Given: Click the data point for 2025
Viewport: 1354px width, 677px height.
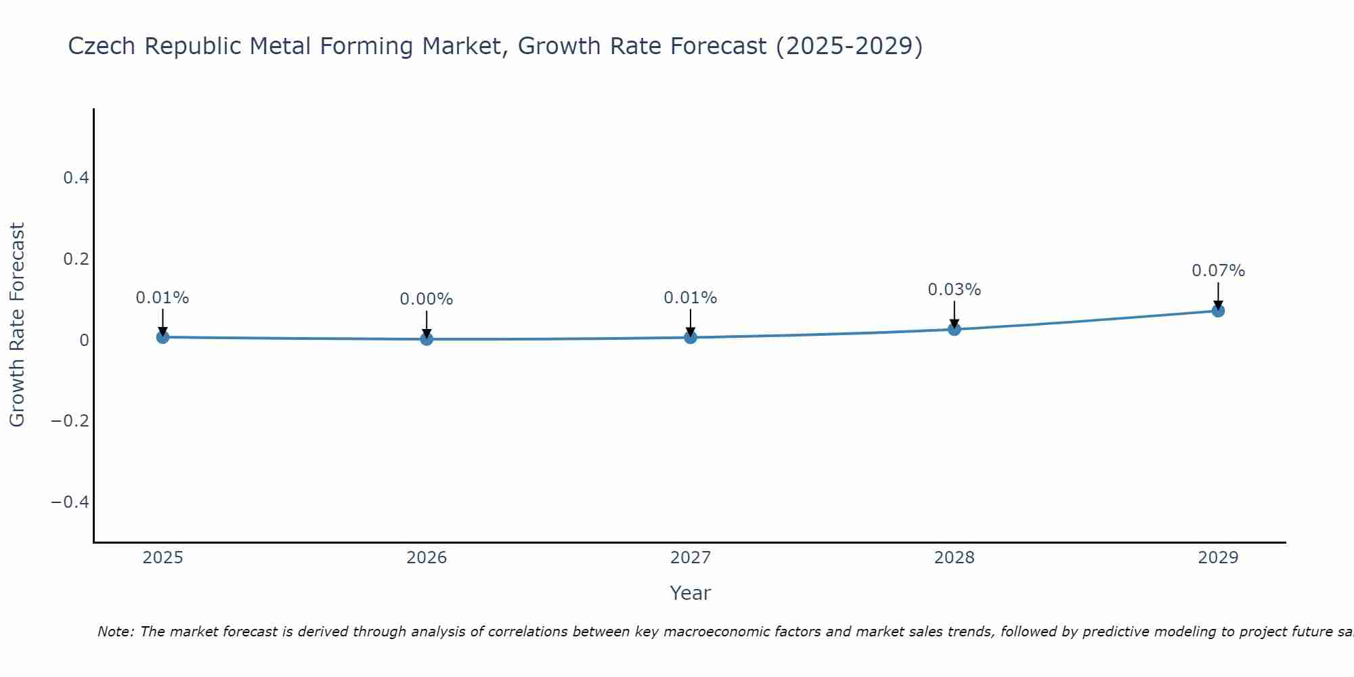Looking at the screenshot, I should pos(162,337).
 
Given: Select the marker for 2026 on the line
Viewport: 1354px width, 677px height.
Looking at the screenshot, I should pos(427,338).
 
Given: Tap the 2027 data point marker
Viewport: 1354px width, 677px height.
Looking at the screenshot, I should pos(691,337).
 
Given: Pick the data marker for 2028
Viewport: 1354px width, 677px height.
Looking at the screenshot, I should pos(955,329).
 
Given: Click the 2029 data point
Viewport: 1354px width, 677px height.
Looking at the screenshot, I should pos(1218,311).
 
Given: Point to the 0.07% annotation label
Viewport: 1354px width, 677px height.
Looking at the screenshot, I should pos(1218,271).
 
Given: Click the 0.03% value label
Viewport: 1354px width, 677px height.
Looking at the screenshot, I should pos(954,290).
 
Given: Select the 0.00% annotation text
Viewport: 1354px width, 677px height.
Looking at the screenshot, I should pos(426,299).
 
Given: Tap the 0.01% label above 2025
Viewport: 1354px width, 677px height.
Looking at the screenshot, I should pos(162,298).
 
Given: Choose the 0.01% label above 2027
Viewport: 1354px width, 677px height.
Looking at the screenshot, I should pos(690,298).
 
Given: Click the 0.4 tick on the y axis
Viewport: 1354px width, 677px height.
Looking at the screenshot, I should pos(76,178).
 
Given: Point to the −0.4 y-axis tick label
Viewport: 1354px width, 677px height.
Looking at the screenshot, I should pos(70,502).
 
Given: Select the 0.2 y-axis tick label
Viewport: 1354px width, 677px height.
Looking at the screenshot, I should pos(76,259).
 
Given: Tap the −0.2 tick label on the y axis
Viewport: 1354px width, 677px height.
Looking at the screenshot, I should pos(70,421).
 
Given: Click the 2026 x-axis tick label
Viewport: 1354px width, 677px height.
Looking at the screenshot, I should pos(427,558).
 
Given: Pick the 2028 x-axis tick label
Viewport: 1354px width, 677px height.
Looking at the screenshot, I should pos(954,558).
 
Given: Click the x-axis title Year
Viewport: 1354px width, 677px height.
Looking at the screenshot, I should pos(690,593).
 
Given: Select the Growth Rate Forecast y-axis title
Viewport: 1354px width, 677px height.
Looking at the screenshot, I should pos(17,325).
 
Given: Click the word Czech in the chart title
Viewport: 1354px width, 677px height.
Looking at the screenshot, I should pos(103,46).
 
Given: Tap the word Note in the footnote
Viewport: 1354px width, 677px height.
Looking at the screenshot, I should pos(115,632).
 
